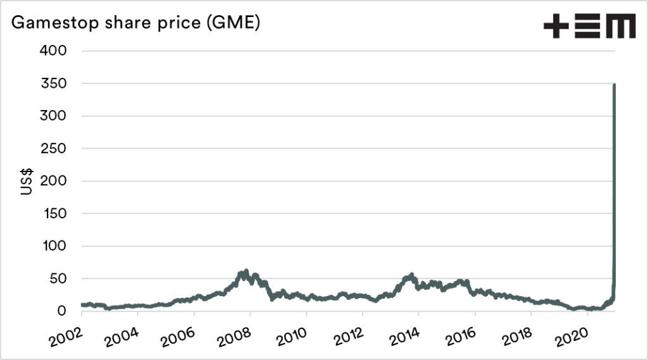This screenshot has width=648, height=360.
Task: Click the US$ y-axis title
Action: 27,181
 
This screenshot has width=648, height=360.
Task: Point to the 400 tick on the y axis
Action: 53,51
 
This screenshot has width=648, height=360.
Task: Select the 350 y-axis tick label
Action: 53,84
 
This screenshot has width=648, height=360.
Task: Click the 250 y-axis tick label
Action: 53,149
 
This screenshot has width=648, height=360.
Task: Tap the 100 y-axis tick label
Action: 54,246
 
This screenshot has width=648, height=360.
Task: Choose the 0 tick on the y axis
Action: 61,311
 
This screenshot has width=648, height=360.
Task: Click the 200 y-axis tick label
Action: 53,181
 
